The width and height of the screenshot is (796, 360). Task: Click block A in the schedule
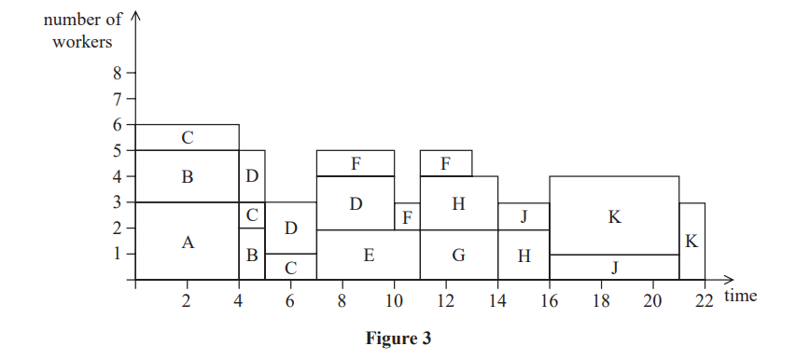point(188,242)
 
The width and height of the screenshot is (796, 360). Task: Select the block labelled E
point(369,255)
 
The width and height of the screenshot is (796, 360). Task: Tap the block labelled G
point(458,255)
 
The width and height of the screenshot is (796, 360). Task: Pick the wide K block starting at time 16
point(614,215)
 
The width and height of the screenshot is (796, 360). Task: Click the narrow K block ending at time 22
point(691,242)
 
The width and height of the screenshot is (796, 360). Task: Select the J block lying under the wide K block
point(614,268)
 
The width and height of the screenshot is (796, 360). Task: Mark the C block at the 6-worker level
point(188,138)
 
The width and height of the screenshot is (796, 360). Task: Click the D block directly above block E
point(356,203)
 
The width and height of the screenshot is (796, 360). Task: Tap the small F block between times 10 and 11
point(407,216)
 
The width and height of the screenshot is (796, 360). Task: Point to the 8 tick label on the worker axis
point(118,72)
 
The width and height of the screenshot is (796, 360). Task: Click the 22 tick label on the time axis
point(704,300)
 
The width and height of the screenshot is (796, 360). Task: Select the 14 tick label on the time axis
point(497,300)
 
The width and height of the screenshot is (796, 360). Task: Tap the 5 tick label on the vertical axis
point(118,150)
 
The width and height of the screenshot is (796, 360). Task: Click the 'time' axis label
point(740,296)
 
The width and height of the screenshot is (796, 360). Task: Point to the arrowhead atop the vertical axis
point(136,17)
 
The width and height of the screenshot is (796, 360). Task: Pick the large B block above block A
point(188,176)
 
